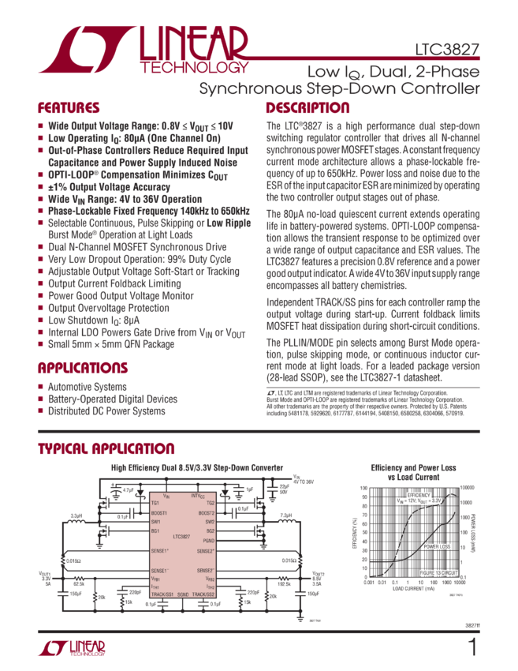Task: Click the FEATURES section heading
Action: (69, 108)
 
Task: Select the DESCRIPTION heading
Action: (307, 108)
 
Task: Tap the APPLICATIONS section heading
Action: (79, 368)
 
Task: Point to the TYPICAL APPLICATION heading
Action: (106, 449)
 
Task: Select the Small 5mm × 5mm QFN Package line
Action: (110, 344)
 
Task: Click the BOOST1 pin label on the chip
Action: (161, 512)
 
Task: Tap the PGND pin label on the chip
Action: (209, 541)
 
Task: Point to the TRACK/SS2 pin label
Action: (204, 594)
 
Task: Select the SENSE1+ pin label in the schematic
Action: (161, 550)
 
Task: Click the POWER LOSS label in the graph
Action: (438, 546)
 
